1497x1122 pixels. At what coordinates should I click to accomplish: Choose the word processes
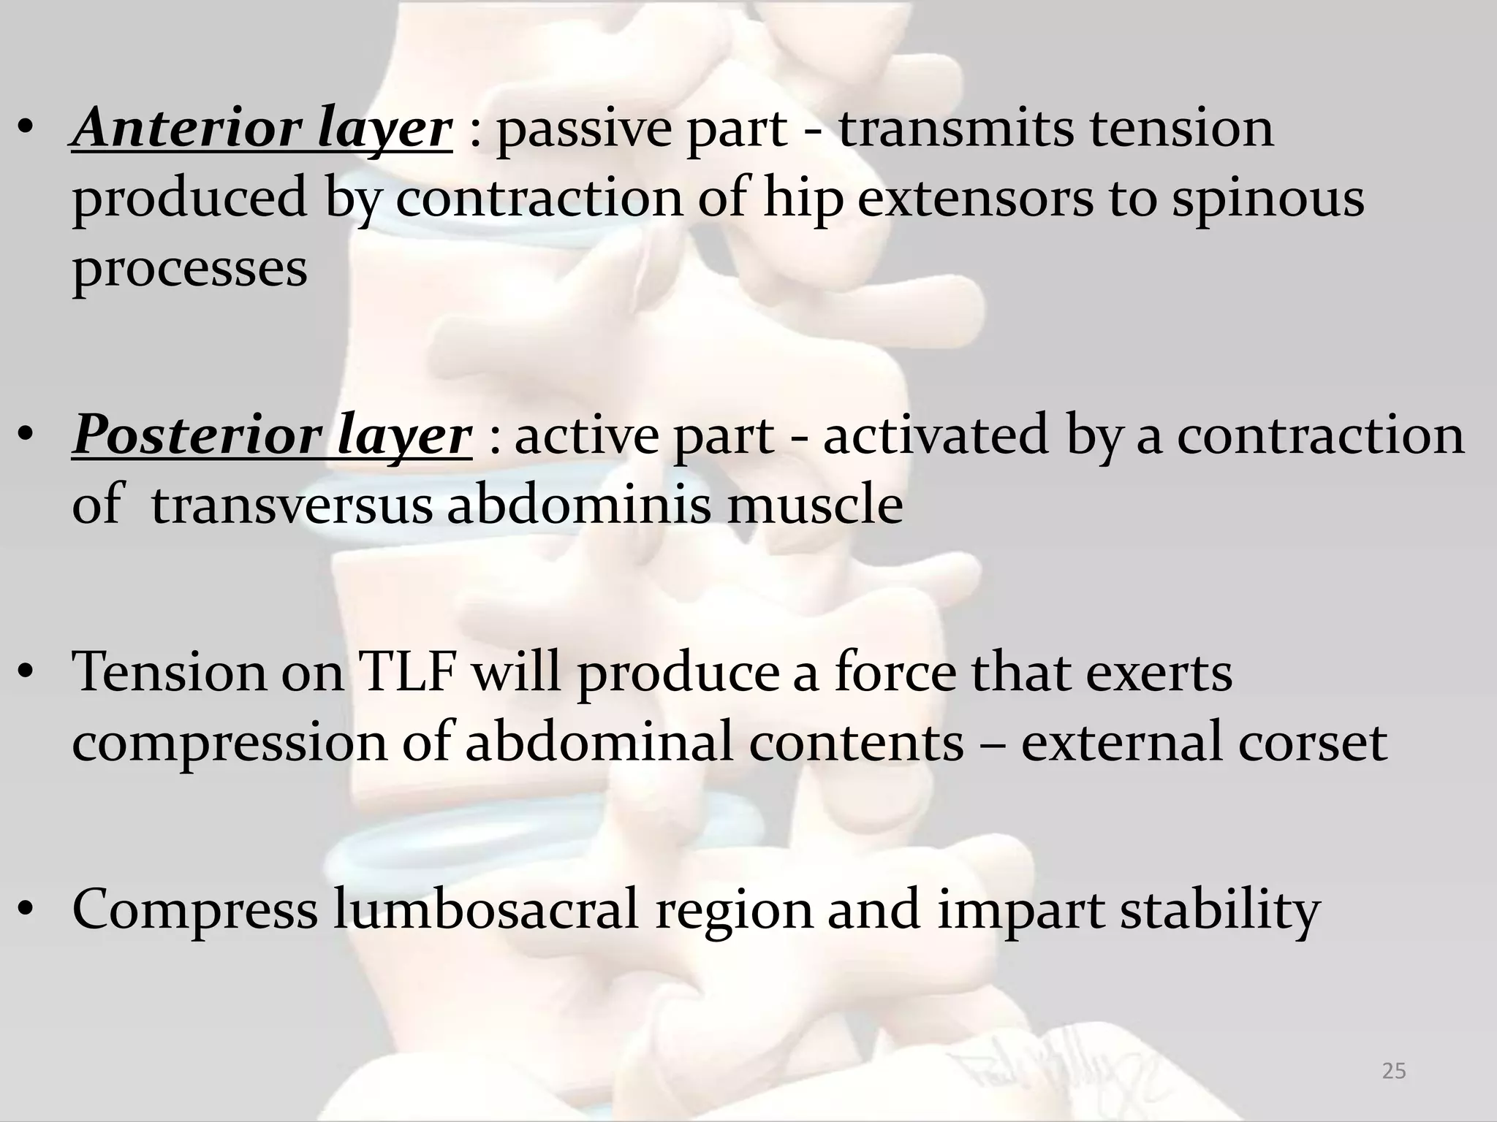point(189,269)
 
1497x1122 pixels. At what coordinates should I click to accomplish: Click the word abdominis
point(578,505)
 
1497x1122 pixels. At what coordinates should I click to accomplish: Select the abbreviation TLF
point(406,672)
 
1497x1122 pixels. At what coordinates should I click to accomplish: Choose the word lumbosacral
point(486,910)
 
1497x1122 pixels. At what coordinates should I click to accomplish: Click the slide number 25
point(1394,1072)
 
